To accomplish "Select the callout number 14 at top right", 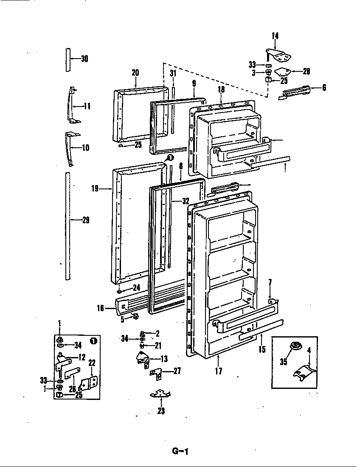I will [275, 36].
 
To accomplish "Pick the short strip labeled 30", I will [67, 59].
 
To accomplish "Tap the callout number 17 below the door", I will [219, 371].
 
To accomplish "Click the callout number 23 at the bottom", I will [161, 411].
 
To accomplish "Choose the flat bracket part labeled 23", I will [161, 394].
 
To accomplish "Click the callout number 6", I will [324, 88].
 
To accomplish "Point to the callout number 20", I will [135, 73].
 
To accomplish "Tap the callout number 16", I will [100, 308].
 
